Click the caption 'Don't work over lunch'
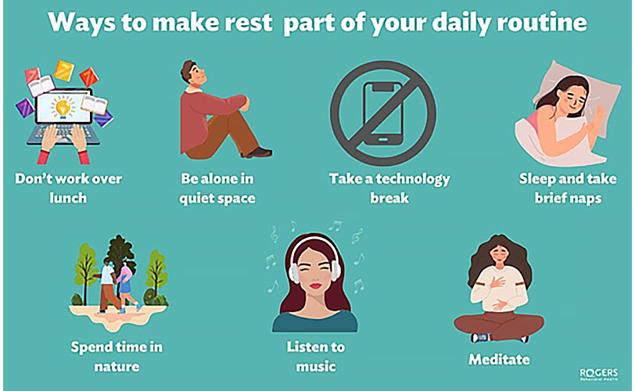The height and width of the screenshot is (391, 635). (x=68, y=188)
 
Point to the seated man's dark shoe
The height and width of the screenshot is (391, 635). (x=259, y=152)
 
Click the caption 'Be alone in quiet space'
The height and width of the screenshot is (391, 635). (x=216, y=188)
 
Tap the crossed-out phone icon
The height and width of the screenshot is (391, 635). (x=378, y=106)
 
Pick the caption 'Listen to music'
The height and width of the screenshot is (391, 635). (x=316, y=356)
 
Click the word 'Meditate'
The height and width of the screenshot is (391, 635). (x=499, y=360)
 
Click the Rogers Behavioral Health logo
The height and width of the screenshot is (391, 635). (x=600, y=374)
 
